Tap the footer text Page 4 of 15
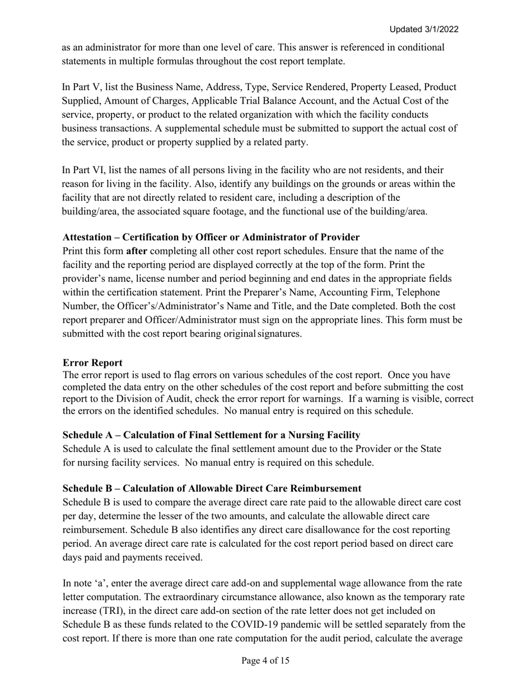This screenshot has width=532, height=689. (265, 661)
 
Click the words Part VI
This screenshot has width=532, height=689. (81, 170)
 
